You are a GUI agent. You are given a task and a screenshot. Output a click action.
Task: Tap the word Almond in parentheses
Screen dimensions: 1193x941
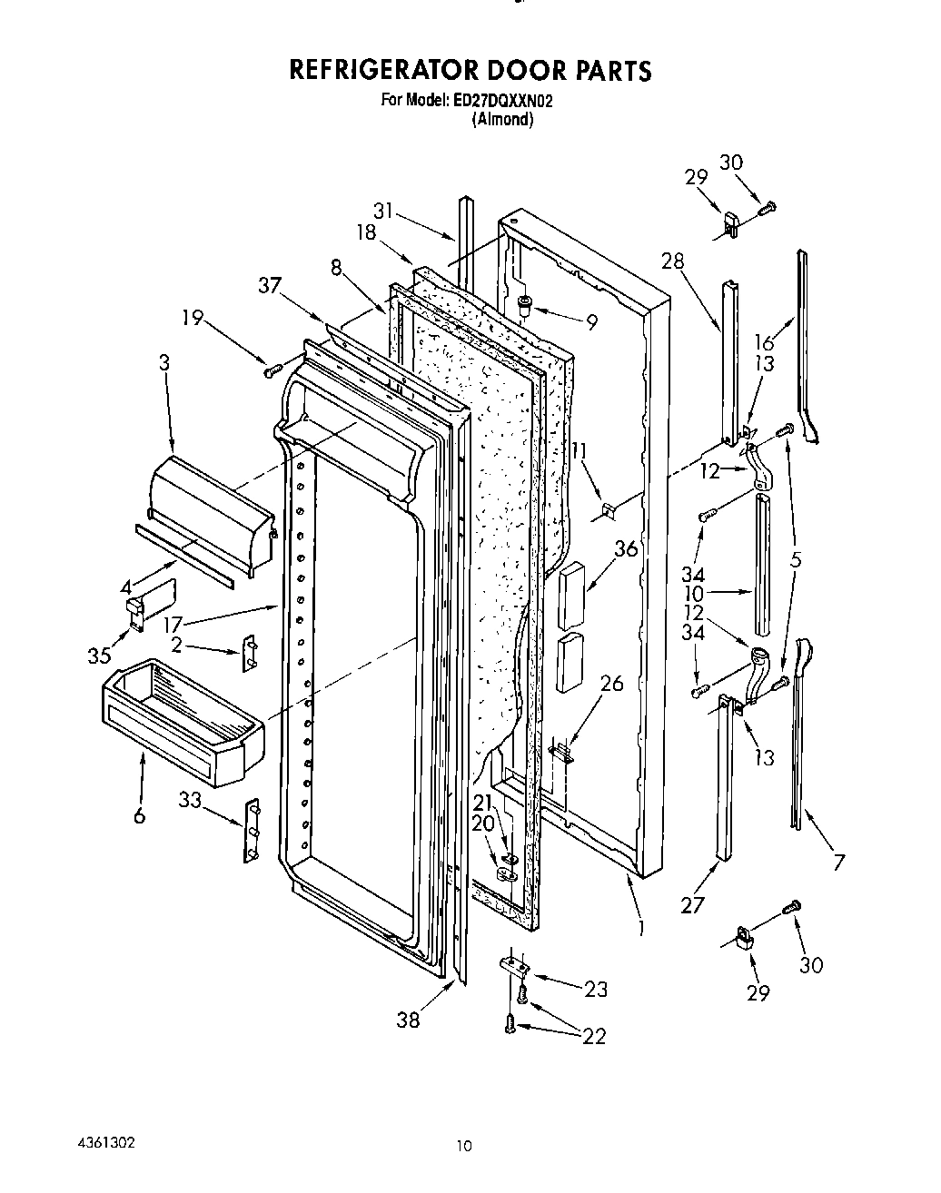click(x=501, y=119)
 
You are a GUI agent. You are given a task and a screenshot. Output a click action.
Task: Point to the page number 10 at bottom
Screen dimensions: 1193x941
click(x=465, y=1147)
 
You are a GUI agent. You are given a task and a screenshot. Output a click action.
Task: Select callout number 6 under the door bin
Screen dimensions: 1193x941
click(x=139, y=816)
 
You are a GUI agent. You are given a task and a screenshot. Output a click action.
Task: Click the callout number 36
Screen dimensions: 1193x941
click(x=625, y=548)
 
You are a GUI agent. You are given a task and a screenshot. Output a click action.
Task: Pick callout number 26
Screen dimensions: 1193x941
click(x=612, y=683)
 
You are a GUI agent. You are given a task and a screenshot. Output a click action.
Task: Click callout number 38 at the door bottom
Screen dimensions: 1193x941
click(x=409, y=1020)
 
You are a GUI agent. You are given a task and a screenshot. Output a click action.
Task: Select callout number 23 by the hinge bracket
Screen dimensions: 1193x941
click(x=595, y=989)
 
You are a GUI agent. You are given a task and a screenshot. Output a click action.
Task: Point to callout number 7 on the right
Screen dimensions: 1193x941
click(x=838, y=861)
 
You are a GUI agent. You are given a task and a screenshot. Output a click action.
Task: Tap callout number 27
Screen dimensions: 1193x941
click(x=693, y=905)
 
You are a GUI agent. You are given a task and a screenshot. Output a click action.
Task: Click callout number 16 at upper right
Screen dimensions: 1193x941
click(x=765, y=341)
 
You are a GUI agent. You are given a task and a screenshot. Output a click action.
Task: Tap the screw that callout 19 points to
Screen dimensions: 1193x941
click(x=270, y=370)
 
